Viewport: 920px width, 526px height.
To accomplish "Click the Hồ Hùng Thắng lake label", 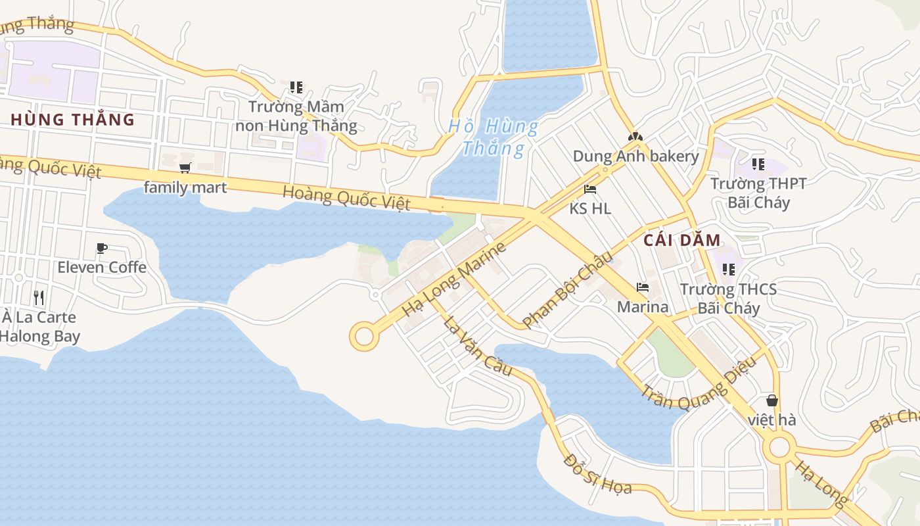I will pos(494,137).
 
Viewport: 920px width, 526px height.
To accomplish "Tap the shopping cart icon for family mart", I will pos(185,168).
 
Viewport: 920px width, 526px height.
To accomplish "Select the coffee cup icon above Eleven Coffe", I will pos(101,248).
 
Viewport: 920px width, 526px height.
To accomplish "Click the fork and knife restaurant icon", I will pos(39,298).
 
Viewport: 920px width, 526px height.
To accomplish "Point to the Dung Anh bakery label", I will pos(635,156).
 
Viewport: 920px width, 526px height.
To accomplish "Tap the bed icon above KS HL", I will pos(590,189).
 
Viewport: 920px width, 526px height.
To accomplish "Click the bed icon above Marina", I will pos(642,287).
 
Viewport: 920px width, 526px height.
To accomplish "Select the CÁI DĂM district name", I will pos(682,240).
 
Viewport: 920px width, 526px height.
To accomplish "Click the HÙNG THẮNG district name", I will pos(73,120).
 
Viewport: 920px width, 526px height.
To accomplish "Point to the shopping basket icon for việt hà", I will pos(771,400).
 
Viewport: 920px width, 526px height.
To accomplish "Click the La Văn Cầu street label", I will pos(478,347).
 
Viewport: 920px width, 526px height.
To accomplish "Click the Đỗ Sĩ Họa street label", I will pos(597,474).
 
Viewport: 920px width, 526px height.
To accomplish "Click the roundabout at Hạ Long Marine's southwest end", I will pos(363,336).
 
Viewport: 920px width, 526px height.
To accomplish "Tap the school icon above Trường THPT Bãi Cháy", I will pos(758,164).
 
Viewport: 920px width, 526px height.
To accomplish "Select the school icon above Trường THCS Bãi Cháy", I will pos(728,269).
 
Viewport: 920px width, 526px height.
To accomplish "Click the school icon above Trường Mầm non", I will pos(296,87).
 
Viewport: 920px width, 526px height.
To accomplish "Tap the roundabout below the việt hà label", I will pos(779,448).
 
